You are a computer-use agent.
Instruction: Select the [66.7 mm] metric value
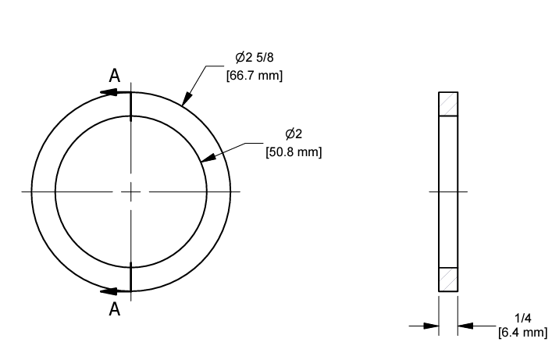[254, 75]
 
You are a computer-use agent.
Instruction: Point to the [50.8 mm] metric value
[294, 151]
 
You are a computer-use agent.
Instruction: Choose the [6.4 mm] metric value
[522, 333]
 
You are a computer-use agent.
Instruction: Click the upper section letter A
[114, 76]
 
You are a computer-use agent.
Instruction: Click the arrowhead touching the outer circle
[185, 100]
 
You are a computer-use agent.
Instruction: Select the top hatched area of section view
[448, 104]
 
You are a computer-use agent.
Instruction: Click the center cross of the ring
[131, 191]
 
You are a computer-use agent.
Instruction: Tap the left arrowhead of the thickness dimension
[430, 326]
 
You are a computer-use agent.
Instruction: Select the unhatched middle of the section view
[448, 192]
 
